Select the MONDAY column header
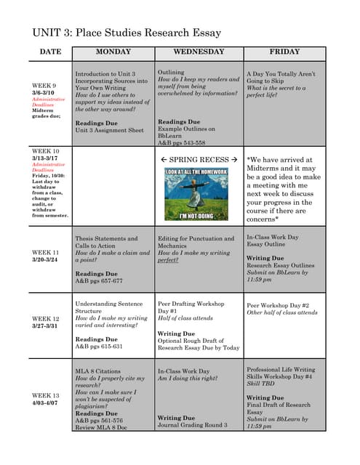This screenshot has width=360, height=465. coord(113,52)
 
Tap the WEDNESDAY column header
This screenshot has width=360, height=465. coord(199,52)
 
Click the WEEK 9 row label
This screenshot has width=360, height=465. coord(43,86)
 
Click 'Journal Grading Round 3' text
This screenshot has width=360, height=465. coord(193,425)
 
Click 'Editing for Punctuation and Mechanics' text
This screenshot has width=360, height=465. coord(196,242)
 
